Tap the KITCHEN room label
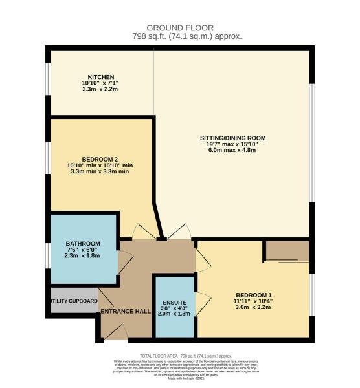pyautogui.click(x=100, y=74)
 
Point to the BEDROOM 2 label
pyautogui.click(x=100, y=159)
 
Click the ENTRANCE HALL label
pyautogui.click(x=126, y=312)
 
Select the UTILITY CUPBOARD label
pyautogui.click(x=73, y=301)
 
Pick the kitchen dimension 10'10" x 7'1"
pyautogui.click(x=100, y=83)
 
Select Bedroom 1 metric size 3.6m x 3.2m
pyautogui.click(x=253, y=308)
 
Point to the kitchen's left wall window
pyautogui.click(x=47, y=81)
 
